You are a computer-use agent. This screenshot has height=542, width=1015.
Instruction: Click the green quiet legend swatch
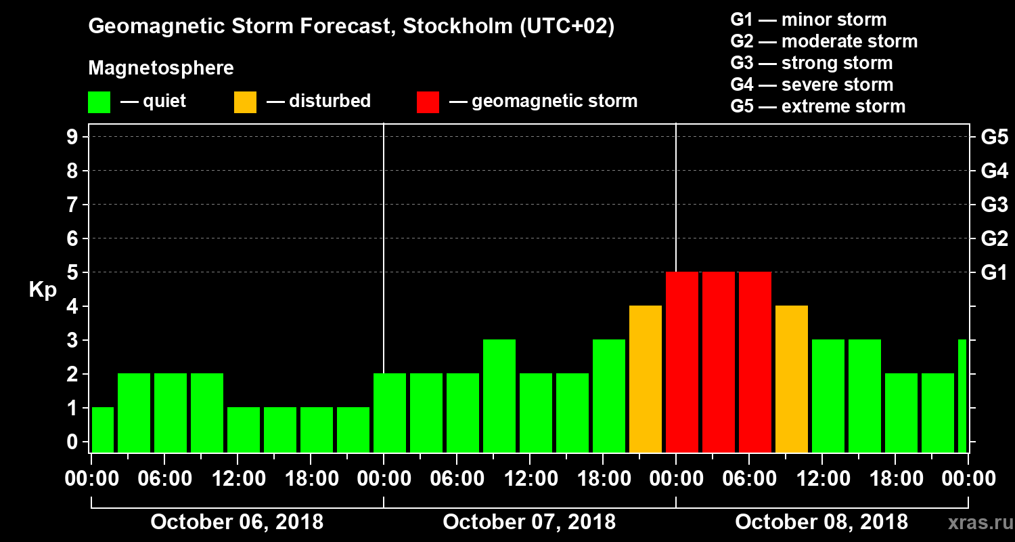tap(99, 102)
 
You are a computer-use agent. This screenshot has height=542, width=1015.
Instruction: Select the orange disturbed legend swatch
tap(245, 102)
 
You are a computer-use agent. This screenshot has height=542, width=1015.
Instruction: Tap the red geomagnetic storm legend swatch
tap(428, 102)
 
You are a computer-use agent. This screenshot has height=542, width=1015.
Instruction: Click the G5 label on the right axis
tap(994, 138)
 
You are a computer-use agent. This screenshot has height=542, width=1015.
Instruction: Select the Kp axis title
tap(43, 290)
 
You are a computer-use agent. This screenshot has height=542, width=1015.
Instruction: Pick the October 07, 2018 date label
tap(529, 522)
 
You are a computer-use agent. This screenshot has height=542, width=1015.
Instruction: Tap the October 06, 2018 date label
tap(237, 522)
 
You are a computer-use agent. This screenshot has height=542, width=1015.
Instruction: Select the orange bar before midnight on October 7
tap(646, 379)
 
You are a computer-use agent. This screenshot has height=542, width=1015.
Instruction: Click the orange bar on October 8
tap(792, 379)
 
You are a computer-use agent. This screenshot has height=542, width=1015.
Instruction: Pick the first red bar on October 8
tap(682, 362)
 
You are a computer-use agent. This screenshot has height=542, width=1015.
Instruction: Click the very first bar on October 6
tap(103, 430)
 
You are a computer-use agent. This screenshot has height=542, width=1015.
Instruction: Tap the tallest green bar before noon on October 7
tap(499, 396)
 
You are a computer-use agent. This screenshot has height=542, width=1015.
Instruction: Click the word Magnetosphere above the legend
tap(161, 68)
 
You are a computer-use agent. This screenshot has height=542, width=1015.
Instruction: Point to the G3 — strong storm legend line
tap(811, 63)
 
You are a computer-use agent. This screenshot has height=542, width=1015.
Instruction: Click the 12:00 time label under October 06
tap(238, 479)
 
